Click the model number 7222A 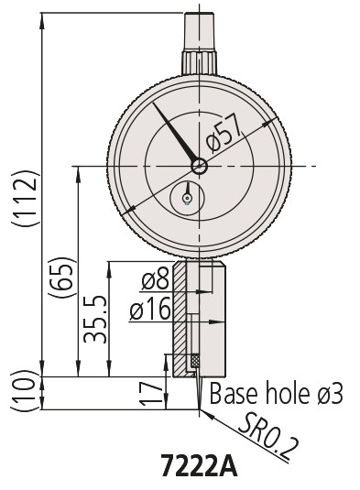coord(199,466)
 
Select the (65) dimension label coord(62,278)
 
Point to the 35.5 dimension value coord(95,319)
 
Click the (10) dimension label coord(26,390)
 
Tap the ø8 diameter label coord(155,278)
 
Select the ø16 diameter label coord(150,309)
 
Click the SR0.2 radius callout coord(268,437)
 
